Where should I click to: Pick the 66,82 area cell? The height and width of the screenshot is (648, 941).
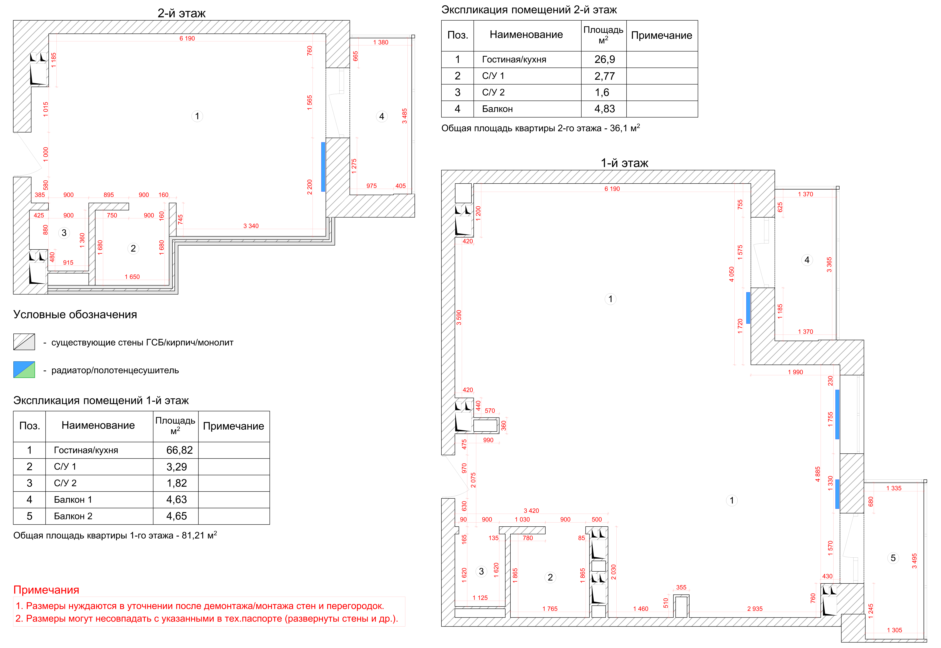pos(179,450)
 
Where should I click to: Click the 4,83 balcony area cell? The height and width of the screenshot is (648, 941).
pos(604,109)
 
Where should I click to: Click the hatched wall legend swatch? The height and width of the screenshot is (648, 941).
pos(24,342)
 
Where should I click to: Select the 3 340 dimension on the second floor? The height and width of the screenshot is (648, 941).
pos(251,226)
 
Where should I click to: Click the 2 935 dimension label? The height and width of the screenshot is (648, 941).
pos(755,609)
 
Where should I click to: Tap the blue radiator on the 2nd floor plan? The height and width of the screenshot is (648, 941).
pos(323,167)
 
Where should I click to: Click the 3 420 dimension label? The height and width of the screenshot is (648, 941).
pos(531,511)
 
